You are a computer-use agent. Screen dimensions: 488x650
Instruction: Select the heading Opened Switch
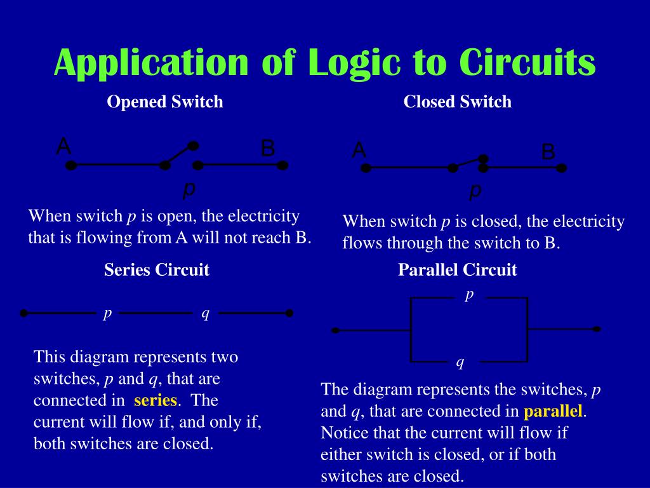165,102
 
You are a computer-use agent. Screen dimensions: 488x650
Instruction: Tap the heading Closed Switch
457,102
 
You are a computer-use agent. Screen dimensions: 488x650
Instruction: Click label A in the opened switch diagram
63,147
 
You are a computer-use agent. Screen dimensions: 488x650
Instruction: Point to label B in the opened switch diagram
268,149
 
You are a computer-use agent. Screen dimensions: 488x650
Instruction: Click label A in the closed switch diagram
359,151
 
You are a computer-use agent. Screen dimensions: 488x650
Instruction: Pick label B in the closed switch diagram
548,152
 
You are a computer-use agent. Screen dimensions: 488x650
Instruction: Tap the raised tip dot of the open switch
194,145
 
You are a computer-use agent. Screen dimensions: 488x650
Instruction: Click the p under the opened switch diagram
189,188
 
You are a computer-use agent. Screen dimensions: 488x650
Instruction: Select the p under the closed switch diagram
475,190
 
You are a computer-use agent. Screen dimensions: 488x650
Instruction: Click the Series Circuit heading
157,270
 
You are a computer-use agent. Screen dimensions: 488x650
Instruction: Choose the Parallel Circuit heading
457,270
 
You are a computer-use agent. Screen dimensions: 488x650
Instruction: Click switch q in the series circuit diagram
205,313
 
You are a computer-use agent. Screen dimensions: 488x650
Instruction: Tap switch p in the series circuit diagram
108,313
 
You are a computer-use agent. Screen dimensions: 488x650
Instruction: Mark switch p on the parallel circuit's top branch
470,295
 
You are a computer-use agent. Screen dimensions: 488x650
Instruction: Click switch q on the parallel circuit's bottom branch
460,362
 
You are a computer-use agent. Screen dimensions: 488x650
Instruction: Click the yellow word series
155,400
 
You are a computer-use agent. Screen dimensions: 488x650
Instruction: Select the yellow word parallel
553,411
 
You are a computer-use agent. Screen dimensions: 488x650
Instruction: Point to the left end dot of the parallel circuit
336,330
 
